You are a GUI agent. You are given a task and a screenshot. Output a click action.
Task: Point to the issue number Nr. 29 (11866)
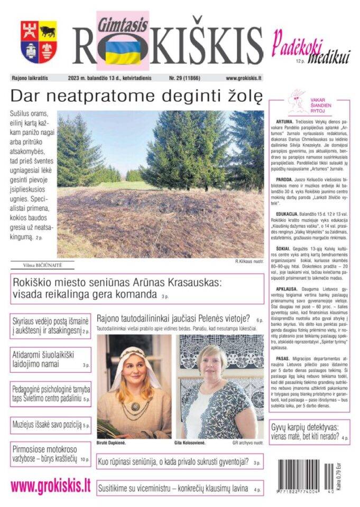tap(188, 78)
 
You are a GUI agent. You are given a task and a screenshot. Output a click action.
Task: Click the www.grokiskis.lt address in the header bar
tap(244, 78)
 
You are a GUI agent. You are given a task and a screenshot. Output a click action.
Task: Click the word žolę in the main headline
tap(240, 96)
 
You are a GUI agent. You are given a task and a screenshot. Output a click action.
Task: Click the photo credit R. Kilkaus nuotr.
tap(250, 261)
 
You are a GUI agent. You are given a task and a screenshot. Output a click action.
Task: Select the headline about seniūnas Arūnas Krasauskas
tap(136, 288)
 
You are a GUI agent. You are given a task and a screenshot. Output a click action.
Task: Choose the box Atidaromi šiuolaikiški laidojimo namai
tap(50, 359)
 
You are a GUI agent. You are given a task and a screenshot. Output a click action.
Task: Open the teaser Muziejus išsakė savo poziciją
tap(50, 425)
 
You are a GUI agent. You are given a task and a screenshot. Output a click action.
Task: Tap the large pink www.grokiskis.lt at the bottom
tap(50, 486)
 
